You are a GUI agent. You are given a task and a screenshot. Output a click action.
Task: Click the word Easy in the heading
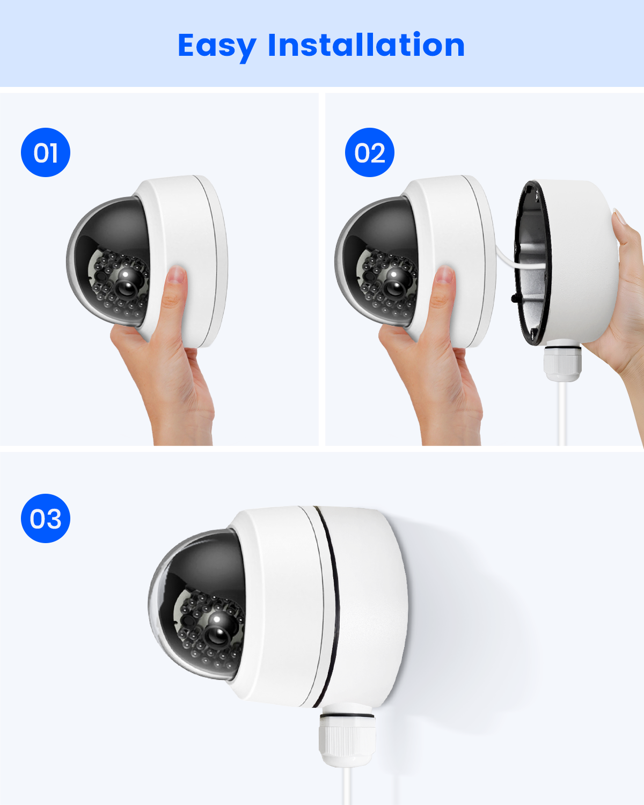[x=217, y=47]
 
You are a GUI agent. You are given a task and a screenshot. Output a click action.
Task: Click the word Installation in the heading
[x=367, y=45]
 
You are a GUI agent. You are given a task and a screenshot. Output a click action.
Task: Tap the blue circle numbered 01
[x=46, y=152]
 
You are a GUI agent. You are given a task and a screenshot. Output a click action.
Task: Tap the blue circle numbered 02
[x=370, y=152]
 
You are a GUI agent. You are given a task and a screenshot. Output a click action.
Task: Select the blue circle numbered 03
[x=46, y=518]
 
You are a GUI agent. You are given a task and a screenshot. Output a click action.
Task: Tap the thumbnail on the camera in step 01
[x=176, y=275]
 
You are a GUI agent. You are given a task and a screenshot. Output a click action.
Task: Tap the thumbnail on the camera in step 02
[x=444, y=275]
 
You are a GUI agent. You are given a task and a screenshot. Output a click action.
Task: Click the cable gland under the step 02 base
[x=562, y=361]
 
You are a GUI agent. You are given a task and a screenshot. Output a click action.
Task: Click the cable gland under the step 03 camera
[x=347, y=734]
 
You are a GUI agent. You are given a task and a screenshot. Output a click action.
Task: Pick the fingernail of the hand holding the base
[x=619, y=216]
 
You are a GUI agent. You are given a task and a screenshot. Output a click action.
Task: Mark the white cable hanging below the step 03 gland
[x=347, y=786]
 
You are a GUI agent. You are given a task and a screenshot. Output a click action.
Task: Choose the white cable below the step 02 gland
[x=562, y=413]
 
